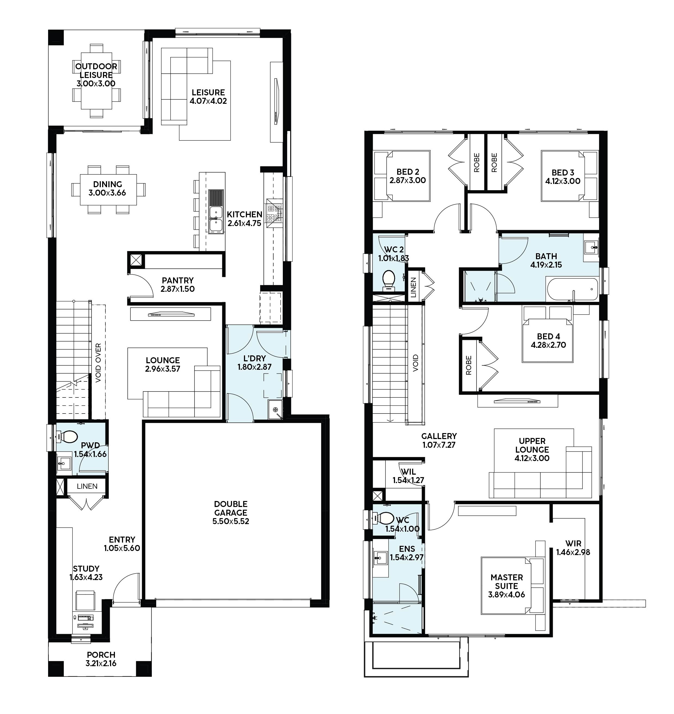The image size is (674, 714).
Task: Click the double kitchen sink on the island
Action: (216, 219)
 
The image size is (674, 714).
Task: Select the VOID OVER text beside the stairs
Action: (98, 363)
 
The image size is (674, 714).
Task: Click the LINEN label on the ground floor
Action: (87, 486)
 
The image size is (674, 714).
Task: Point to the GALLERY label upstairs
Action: (439, 436)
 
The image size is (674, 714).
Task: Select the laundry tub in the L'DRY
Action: (275, 410)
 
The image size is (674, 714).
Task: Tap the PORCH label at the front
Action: (101, 655)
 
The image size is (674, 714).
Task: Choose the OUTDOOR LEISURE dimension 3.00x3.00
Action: (96, 84)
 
